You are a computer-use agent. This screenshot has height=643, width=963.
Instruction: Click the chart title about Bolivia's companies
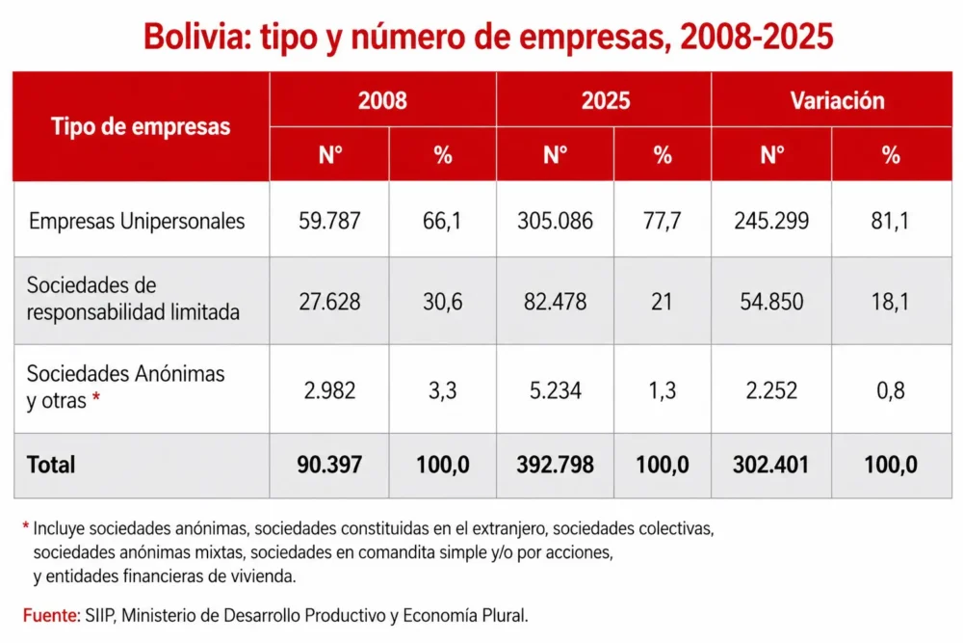pos(488,37)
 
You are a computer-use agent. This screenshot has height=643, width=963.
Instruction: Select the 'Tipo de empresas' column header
pos(141,126)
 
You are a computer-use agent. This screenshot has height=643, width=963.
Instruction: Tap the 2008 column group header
pos(382,100)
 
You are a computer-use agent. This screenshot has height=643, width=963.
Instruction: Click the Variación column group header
pos(837,100)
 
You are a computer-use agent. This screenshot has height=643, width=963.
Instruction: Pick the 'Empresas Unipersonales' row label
pos(137,221)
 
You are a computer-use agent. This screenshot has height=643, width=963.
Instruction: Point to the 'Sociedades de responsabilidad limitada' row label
pos(133,299)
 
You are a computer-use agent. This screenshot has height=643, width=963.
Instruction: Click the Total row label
pos(51,465)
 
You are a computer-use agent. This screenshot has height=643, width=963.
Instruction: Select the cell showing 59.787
pos(329,221)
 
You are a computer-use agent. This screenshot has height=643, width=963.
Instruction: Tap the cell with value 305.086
pos(556,221)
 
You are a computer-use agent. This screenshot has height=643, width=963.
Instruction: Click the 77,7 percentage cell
pos(663,221)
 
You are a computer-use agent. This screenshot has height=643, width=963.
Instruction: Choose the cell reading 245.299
pos(771,221)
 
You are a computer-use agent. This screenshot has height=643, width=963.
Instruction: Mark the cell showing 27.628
pos(329,302)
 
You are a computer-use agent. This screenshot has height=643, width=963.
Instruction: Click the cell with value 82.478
pos(556,302)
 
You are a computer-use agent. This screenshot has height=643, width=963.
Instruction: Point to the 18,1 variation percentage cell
pos(890,302)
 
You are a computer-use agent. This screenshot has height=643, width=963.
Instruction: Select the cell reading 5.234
pos(556,390)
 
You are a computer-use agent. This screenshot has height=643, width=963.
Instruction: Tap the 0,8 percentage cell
pos(891,390)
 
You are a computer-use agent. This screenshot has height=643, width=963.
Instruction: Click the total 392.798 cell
pos(556,465)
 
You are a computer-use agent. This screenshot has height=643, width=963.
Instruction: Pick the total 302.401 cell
pos(770,465)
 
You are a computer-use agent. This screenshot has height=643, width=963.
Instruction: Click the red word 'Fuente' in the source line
pos(51,615)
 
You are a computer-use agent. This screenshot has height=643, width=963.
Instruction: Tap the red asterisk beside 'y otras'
pos(95,398)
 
